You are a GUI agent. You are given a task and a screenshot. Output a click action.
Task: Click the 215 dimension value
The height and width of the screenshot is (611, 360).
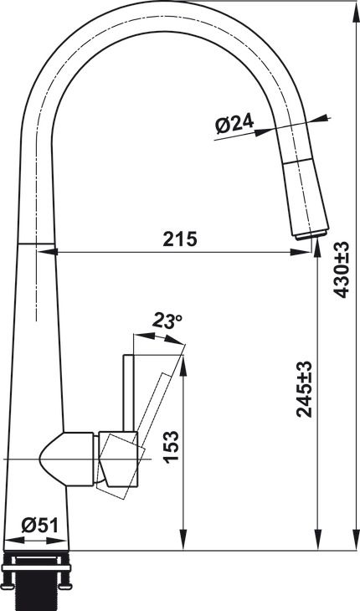coord(179,239)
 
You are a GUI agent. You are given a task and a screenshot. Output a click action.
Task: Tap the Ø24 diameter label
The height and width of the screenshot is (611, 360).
coord(234,125)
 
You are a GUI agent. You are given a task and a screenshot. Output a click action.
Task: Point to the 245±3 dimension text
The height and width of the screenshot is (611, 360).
coord(305,389)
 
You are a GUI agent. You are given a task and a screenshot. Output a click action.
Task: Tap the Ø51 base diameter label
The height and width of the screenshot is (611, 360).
coord(39,525)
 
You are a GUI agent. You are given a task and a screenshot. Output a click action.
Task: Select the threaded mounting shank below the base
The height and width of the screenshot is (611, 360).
coord(39,587)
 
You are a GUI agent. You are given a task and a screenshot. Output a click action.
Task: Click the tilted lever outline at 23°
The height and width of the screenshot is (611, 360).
coord(159,393)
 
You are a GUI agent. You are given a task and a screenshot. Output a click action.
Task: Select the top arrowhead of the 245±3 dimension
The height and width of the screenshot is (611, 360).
coord(316,246)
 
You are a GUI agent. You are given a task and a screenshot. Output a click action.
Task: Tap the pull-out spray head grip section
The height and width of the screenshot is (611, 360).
coord(306,188)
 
